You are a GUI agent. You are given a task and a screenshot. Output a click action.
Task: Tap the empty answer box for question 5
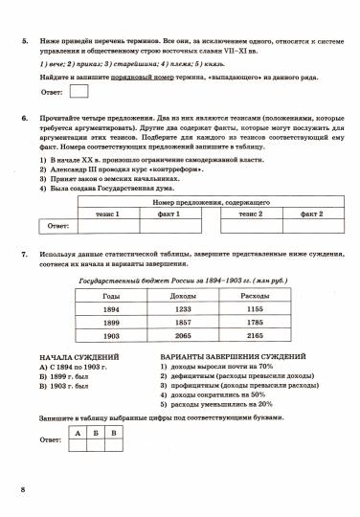[x=80, y=92]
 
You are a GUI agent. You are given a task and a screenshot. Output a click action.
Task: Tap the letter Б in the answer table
[x=97, y=433]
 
